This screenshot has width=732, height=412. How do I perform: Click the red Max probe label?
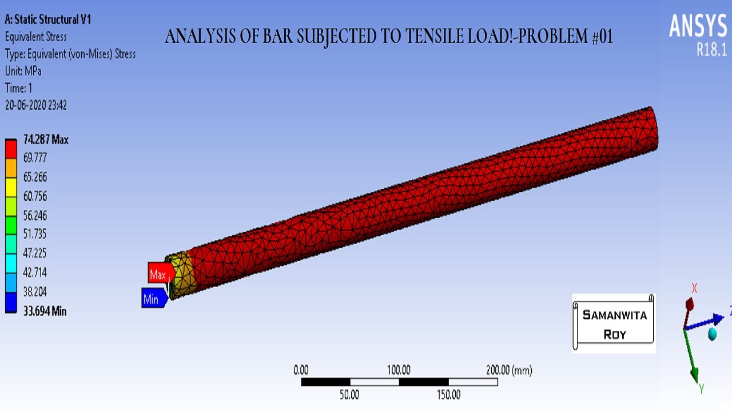click(159, 275)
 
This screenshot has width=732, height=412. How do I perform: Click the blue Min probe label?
click(152, 299)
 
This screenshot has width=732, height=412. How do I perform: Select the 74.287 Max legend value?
click(46, 140)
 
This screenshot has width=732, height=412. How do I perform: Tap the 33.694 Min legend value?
click(45, 311)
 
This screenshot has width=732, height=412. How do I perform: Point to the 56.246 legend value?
click(35, 216)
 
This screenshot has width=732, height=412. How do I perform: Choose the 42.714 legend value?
click(35, 272)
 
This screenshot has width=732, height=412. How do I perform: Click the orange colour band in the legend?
click(11, 168)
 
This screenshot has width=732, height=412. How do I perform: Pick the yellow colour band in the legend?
click(11, 187)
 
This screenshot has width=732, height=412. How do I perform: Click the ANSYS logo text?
click(698, 26)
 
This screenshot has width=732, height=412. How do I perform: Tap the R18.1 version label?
click(711, 50)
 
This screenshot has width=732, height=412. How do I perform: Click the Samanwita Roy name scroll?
click(614, 323)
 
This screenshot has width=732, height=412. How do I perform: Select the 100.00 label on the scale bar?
click(399, 370)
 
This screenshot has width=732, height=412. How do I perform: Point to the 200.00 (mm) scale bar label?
click(508, 370)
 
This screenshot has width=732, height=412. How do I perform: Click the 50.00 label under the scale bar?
click(349, 394)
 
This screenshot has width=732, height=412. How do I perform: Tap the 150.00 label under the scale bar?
click(448, 394)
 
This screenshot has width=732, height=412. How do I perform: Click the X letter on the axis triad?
click(694, 288)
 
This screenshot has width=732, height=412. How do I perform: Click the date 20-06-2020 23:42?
click(36, 105)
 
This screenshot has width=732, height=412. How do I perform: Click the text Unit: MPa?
click(23, 71)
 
